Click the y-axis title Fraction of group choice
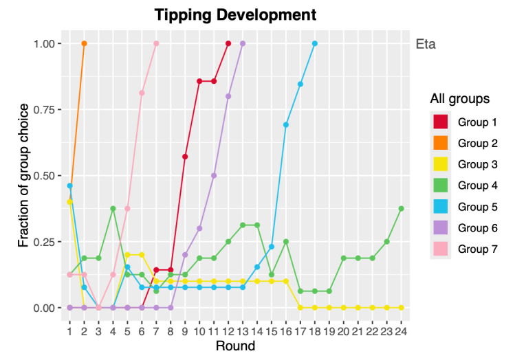click(24, 176)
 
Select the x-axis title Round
click(235, 346)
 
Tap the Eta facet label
click(426, 45)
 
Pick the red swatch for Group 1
click(441, 122)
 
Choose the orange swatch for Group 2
click(441, 143)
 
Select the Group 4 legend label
click(477, 185)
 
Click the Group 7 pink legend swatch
click(441, 249)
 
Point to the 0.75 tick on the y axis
click(47, 110)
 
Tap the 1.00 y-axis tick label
click(47, 43)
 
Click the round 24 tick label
click(401, 331)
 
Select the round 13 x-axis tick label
click(243, 331)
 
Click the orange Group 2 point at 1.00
click(84, 43)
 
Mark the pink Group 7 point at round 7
click(156, 43)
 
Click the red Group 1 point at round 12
click(228, 43)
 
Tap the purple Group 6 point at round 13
click(243, 43)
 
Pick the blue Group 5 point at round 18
click(315, 43)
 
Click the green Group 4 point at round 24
click(401, 209)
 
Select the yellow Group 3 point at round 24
click(401, 308)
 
